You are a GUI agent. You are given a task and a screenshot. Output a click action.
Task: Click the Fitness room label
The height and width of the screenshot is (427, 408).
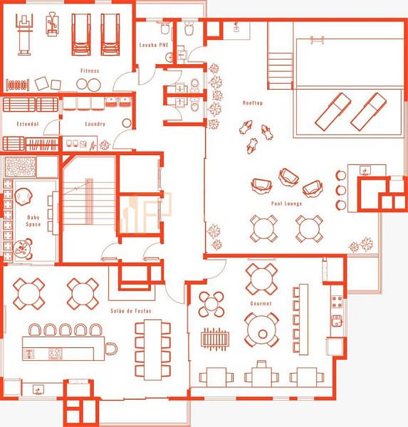point(90,70)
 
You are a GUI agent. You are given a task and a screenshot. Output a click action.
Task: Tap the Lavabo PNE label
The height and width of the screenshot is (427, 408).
point(154,45)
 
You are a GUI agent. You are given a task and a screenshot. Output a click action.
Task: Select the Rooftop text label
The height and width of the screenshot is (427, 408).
point(253,103)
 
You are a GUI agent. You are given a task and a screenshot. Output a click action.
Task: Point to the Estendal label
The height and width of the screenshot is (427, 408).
point(28,124)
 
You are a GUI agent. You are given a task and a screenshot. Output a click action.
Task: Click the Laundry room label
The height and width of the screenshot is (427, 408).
point(95,124)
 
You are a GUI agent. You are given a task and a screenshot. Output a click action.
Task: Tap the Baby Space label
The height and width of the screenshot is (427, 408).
point(33,221)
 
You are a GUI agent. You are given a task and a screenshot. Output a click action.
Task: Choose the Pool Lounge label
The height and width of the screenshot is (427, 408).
point(286,204)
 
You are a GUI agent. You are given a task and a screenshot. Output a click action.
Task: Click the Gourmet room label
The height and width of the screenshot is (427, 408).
point(261,303)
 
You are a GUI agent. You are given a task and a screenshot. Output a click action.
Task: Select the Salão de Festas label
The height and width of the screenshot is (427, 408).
point(131,311)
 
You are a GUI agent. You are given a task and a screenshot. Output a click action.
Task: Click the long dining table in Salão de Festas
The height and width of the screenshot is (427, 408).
point(153,350)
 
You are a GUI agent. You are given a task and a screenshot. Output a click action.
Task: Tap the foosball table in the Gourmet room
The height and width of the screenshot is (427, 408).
point(215,339)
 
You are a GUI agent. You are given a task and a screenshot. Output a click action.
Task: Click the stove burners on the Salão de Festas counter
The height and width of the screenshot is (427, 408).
point(56,354)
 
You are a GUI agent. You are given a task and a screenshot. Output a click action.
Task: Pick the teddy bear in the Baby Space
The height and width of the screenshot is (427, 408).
point(23,249)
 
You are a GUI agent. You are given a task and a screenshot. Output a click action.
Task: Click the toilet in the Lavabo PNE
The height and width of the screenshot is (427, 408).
point(165,28)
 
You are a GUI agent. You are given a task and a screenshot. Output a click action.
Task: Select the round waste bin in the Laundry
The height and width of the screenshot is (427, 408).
point(127,123)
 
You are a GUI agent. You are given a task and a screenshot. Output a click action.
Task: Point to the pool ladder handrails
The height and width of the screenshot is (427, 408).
point(318,40)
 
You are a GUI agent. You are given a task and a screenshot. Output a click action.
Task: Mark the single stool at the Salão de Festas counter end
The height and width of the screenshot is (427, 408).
point(111,349)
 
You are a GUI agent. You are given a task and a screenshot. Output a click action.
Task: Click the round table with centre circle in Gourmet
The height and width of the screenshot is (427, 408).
point(261,330)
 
